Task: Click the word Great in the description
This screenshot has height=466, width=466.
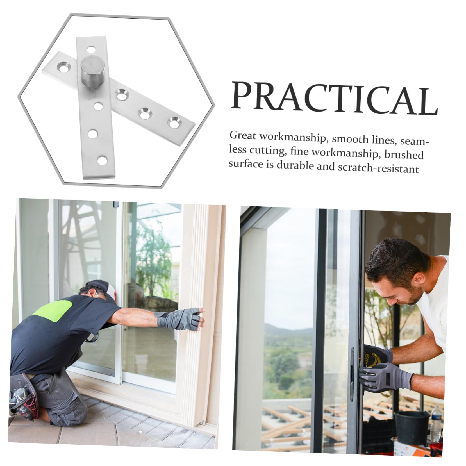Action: click(x=243, y=136)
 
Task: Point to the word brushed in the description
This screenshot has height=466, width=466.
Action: click(x=404, y=155)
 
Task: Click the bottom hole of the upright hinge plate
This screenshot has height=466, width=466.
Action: click(x=102, y=161)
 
